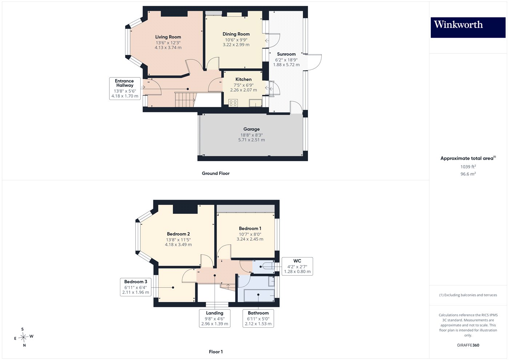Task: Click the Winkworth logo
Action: pos(468,28)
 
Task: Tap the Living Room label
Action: pos(168,37)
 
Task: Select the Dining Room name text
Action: pos(236,34)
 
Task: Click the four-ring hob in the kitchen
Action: pos(233,103)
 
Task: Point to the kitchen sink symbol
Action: pos(256,103)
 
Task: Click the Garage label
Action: pos(252,129)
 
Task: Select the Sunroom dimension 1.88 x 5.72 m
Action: pos(286,65)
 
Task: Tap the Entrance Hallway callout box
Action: pos(125,89)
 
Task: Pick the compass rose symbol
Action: pos(23,337)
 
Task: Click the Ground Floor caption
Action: pos(216,173)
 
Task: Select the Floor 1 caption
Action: pos(216,352)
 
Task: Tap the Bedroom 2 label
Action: pos(179,234)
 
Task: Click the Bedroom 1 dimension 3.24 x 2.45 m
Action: pos(250,239)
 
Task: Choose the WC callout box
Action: pos(297,266)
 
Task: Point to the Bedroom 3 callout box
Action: pos(136,287)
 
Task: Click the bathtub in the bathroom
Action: pos(259,295)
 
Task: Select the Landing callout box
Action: pos(215,318)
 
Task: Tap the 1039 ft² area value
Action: pos(468,167)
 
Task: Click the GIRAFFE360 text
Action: pos(468,345)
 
